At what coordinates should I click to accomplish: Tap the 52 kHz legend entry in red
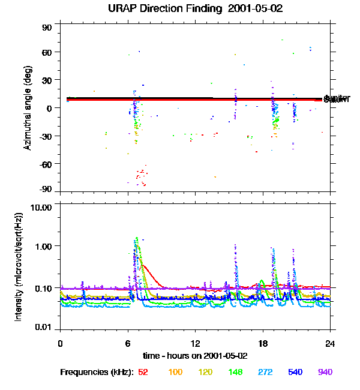tap(143, 372)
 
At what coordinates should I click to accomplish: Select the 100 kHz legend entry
tap(175, 372)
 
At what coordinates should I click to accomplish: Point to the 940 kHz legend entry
tap(325, 372)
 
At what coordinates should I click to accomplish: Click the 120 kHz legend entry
tap(205, 372)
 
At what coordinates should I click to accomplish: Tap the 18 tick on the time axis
tap(263, 343)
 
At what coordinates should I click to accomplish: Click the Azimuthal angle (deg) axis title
tap(27, 109)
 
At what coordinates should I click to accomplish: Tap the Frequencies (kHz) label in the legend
tap(97, 372)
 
